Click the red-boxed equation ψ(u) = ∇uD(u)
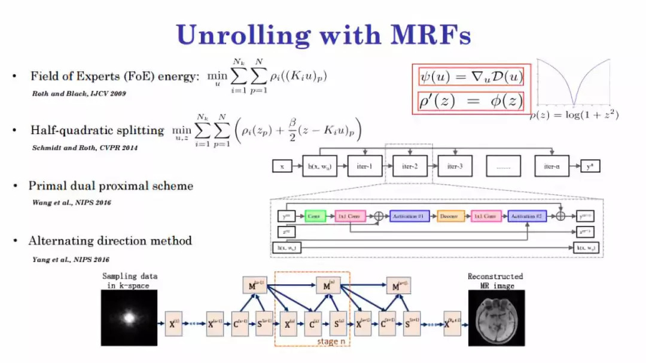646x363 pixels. [471, 77]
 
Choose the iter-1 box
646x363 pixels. [364, 166]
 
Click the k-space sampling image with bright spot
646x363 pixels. [129, 318]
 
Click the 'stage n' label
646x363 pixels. [328, 342]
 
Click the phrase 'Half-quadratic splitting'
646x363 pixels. [97, 130]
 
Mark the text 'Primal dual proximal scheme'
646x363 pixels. [111, 186]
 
